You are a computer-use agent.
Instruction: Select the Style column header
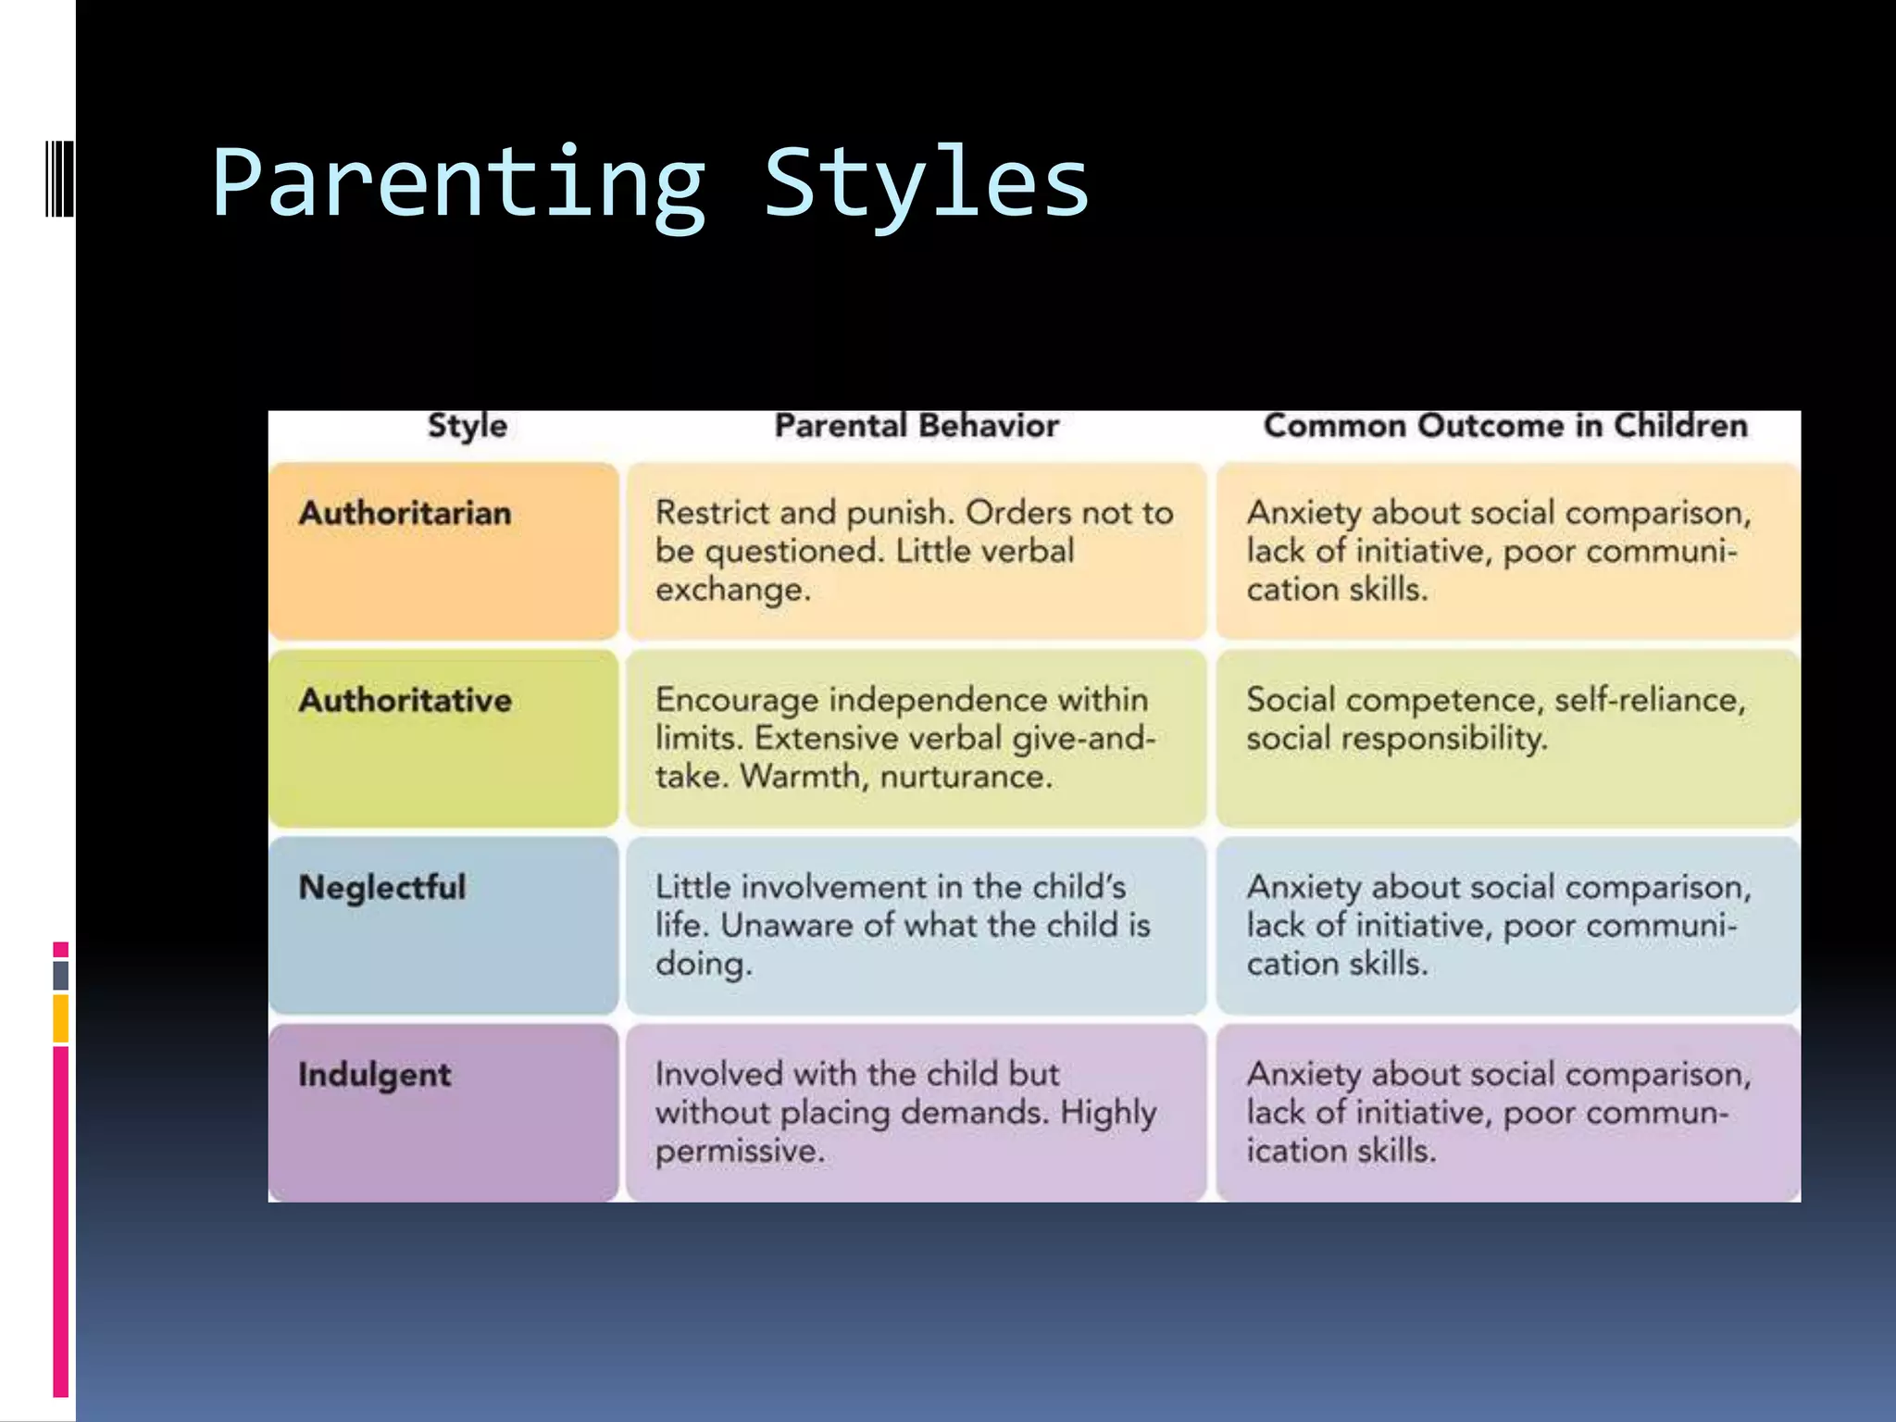click(467, 426)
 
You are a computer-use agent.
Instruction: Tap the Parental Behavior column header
click(916, 426)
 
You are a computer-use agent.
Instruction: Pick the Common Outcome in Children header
click(1505, 426)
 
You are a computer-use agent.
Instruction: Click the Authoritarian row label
click(405, 513)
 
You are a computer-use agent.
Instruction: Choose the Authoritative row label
click(405, 700)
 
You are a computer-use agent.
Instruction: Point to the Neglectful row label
click(381, 887)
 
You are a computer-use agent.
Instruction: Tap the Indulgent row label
click(374, 1075)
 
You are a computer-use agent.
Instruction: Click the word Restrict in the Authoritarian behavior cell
click(710, 513)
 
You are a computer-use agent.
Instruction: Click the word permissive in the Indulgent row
click(739, 1151)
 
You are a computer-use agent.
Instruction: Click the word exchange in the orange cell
click(731, 590)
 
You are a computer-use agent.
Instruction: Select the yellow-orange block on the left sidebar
click(61, 1018)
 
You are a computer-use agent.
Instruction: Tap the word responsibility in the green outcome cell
click(1443, 739)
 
